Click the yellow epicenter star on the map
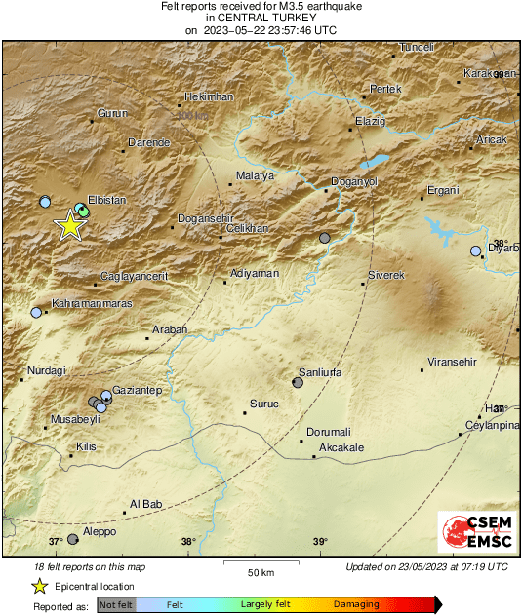coord(69,225)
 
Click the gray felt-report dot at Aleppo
coord(72,539)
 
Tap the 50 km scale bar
coord(259,562)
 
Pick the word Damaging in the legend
coord(356,605)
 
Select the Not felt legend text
coord(117,605)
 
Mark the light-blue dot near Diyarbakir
coord(476,250)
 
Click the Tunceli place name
coord(417,47)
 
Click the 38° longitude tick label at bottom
coord(188,542)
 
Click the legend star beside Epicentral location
coord(39,587)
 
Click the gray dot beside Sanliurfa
coord(298,383)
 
